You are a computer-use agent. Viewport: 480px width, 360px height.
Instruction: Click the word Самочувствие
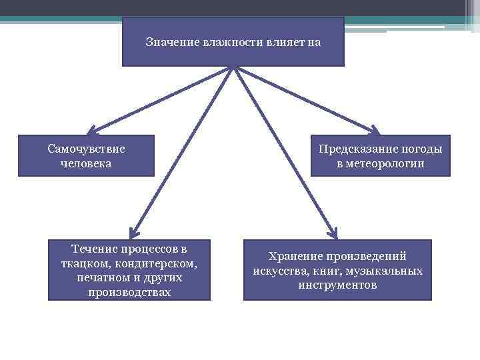86,149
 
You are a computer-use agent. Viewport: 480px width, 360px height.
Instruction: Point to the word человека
86,163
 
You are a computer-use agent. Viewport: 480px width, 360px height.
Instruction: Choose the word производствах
129,292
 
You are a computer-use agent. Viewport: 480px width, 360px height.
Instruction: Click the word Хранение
296,256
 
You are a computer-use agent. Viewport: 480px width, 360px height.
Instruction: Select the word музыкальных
386,271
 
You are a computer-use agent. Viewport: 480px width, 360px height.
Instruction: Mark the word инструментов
337,285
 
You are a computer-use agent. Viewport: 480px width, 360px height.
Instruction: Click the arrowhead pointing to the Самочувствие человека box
91,130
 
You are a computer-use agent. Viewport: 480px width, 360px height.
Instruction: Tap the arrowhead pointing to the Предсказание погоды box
374,130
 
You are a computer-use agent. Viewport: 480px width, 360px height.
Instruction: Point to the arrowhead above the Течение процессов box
134,233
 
